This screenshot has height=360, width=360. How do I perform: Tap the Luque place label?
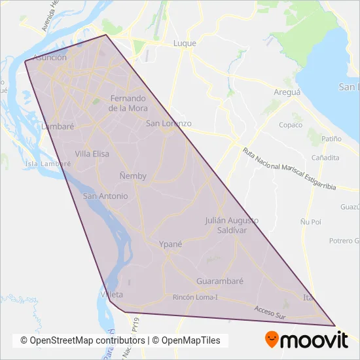pos(184,43)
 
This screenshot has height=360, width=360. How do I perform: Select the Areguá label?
pos(287,92)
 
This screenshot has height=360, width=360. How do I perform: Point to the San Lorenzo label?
pos(168,123)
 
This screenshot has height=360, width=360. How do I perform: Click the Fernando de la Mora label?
pos(128,103)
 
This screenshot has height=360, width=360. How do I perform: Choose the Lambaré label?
pos(57,126)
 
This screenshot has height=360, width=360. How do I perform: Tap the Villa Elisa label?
pos(92,154)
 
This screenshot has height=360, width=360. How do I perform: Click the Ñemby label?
pos(134,175)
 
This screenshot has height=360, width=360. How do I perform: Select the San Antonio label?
pos(105,196)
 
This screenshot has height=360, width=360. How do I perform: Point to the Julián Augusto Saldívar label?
pos(232,225)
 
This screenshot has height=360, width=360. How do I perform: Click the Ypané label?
pos(170,243)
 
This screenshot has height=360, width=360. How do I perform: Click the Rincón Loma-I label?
pos(195,297)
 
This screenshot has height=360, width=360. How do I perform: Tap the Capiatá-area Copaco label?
pos(291,124)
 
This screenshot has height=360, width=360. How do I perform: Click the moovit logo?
pos(306,340)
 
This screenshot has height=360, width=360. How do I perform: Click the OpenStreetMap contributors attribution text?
pos(82,341)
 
